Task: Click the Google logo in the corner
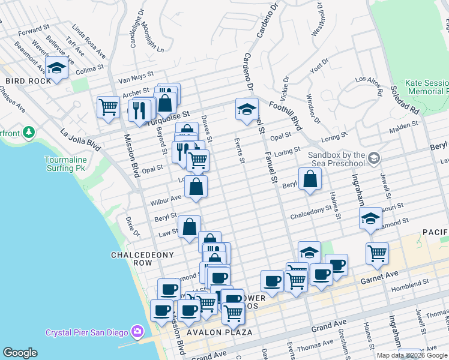[x=20, y=353]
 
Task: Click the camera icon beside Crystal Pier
[x=138, y=331]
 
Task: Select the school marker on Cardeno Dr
[x=247, y=109]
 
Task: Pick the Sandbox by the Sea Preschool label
[x=336, y=158]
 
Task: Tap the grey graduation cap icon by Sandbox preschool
[x=374, y=158]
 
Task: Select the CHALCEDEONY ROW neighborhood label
[x=143, y=259]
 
